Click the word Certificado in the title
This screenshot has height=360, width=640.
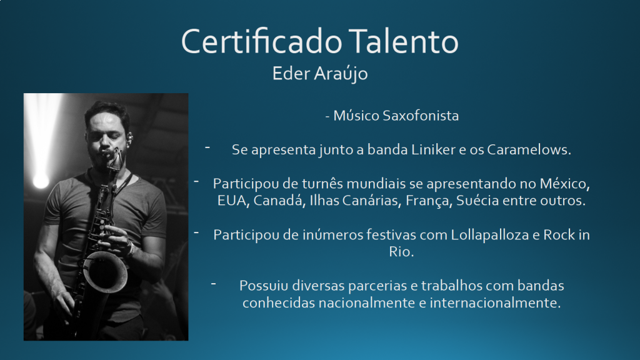click(x=262, y=41)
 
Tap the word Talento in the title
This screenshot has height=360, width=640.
click(x=404, y=41)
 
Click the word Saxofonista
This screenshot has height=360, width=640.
click(x=421, y=116)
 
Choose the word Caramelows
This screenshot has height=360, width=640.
click(x=529, y=149)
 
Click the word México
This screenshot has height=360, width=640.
click(x=565, y=184)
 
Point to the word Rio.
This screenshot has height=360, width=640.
click(x=401, y=251)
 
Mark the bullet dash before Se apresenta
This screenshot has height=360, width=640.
click(x=207, y=147)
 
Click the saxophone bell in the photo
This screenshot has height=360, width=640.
click(x=105, y=271)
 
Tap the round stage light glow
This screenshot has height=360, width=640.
click(x=41, y=180)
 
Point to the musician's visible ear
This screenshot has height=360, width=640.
click(x=129, y=138)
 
